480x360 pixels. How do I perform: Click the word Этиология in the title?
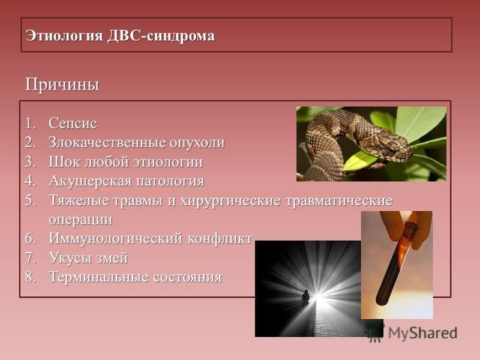[64, 36]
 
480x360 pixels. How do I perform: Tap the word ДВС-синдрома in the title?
[161, 36]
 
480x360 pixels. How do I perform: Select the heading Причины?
[62, 85]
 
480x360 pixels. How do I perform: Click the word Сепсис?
[73, 124]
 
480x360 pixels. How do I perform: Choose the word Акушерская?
[91, 181]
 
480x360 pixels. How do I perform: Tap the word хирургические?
[230, 201]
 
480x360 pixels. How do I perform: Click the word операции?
[80, 220]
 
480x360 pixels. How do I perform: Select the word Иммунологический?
[116, 239]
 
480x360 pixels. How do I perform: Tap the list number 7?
[31, 258]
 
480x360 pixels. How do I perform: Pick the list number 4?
[31, 181]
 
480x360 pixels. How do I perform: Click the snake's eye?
[391, 150]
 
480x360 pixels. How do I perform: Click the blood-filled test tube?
[395, 263]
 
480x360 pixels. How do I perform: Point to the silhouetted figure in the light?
[305, 296]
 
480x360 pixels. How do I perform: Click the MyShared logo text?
[422, 333]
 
